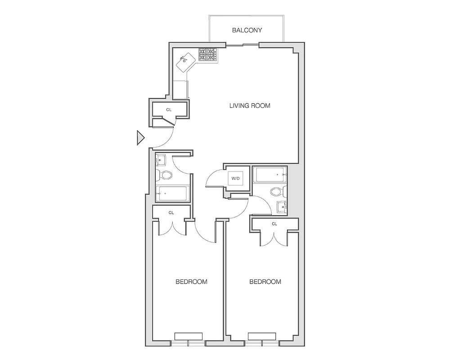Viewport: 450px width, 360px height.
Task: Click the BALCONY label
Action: tap(247, 31)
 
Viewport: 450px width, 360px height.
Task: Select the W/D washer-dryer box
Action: tap(235, 179)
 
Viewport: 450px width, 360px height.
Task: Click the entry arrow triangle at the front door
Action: tap(140, 138)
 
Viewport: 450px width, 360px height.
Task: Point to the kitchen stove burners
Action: tap(207, 55)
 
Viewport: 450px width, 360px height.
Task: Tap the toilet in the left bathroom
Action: tap(166, 175)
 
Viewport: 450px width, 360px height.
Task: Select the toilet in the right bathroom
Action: tap(276, 192)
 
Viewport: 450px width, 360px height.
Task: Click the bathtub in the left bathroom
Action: tap(171, 194)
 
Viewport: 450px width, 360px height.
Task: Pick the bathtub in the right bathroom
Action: tap(270, 175)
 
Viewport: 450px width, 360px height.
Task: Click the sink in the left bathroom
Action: tap(161, 160)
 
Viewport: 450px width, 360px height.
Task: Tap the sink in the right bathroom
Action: tap(282, 207)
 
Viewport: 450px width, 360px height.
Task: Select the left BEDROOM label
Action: tap(191, 282)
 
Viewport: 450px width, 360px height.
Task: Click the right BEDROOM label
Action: tap(265, 282)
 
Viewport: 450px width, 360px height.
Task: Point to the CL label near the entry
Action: tap(169, 109)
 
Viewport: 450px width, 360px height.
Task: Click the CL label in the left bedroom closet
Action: tap(171, 213)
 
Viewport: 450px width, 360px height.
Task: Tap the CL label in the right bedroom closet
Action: tap(274, 224)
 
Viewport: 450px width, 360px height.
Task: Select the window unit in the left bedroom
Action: tap(188, 336)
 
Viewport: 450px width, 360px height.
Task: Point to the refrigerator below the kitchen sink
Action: tap(181, 89)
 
